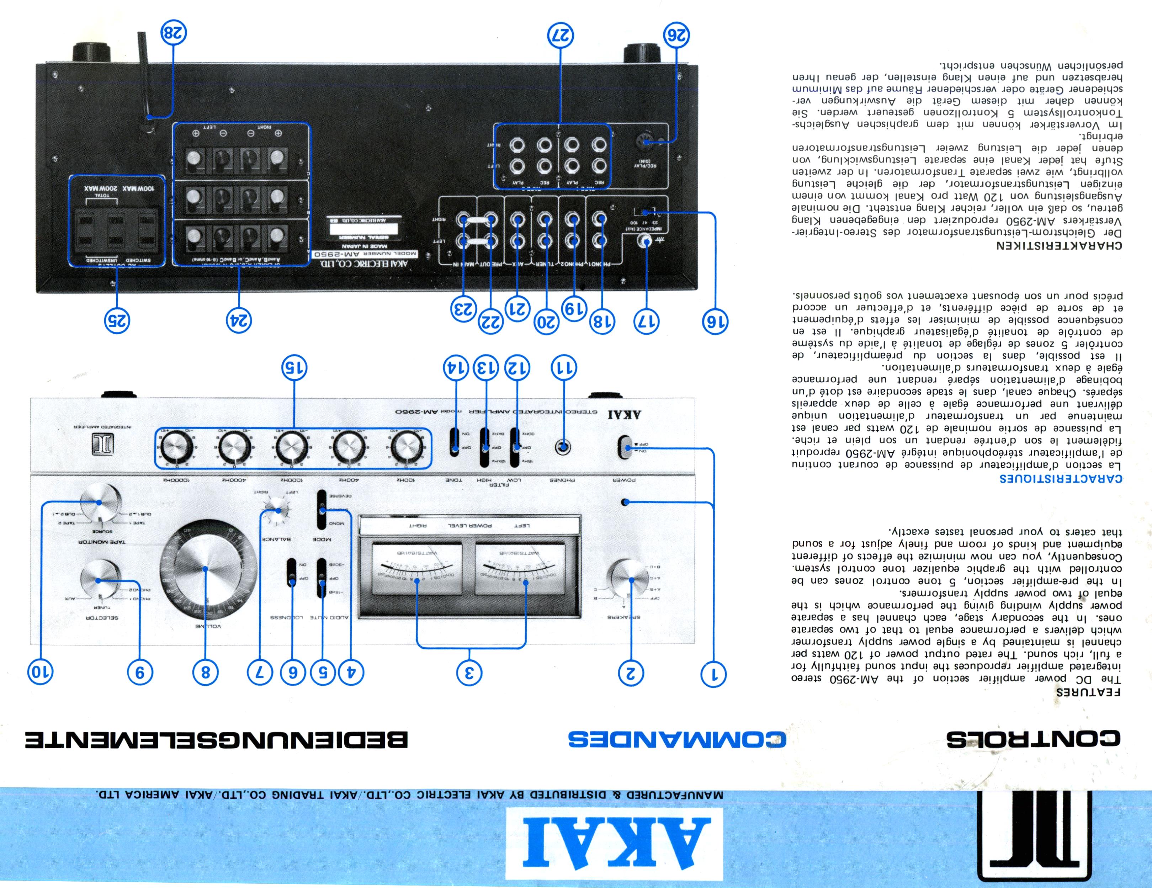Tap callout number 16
pos(715,321)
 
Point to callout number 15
pos(294,367)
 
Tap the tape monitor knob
pos(99,503)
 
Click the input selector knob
pos(99,580)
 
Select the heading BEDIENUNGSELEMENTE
pos(216,740)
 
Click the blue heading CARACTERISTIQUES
pos(1060,479)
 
